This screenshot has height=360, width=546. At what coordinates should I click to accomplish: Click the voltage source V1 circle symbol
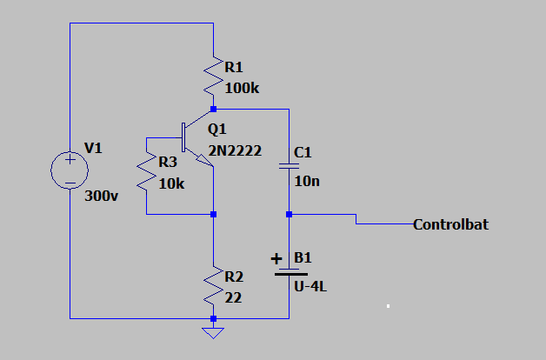(69, 169)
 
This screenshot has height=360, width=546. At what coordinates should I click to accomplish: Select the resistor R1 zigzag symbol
(213, 77)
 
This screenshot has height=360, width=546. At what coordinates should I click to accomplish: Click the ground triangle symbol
(213, 333)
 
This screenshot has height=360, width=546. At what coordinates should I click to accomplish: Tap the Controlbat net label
(450, 224)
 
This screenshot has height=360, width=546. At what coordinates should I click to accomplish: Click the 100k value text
(241, 88)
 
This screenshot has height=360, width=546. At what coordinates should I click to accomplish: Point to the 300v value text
(102, 197)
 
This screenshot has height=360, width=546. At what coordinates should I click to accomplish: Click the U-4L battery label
(310, 286)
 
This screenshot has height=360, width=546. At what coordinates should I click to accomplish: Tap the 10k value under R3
(172, 183)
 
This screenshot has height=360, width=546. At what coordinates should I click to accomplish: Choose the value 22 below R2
(233, 297)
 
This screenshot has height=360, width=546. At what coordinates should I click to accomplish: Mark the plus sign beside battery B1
(277, 258)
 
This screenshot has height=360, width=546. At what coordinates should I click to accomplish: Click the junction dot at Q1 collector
(213, 110)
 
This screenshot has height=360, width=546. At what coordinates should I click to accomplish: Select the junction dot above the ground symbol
(213, 319)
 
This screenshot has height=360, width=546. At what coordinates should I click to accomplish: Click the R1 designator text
(235, 67)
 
